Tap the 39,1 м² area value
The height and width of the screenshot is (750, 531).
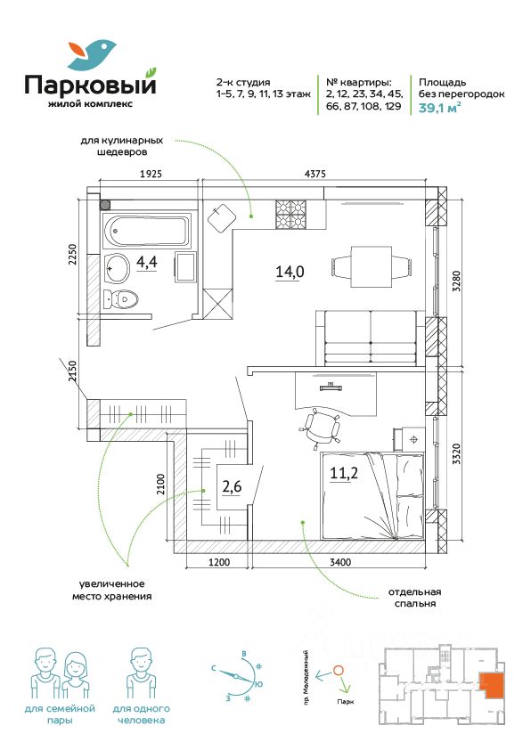point(439,108)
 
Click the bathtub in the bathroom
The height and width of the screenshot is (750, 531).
point(147,231)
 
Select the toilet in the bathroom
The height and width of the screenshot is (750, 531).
point(121,299)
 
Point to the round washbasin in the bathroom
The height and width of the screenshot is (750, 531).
point(117,268)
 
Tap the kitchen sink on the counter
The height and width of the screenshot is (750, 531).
point(222,217)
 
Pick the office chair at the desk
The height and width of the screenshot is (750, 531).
point(322,428)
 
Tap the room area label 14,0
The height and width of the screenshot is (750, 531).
point(290,272)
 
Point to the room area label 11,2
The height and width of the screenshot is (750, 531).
point(344,473)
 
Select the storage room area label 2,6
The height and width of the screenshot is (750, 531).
point(232,487)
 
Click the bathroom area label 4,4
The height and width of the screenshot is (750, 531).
point(147,262)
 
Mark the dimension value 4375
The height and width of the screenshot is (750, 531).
point(315,174)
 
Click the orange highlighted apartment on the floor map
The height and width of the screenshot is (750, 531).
point(492,684)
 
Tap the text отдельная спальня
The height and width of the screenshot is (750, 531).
point(415,598)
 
